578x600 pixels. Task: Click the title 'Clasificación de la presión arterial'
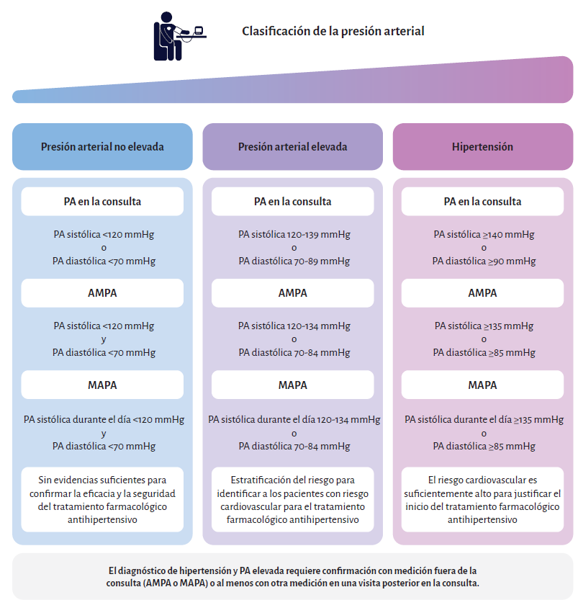point(333,32)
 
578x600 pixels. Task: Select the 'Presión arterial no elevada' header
point(102,147)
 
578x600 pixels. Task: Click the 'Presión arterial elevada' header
point(292,147)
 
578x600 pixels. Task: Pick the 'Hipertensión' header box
point(482,147)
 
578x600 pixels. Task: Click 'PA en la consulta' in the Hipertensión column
point(482,202)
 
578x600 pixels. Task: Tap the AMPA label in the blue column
point(102,293)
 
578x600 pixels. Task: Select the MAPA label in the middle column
point(292,385)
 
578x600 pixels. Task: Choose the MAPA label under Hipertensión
point(482,385)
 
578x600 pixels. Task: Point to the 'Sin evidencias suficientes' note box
point(102,499)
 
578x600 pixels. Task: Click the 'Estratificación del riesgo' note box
point(292,499)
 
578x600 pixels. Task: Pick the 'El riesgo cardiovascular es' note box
point(482,499)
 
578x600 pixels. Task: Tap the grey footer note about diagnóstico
point(292,576)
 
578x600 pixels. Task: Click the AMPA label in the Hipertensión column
point(482,293)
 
